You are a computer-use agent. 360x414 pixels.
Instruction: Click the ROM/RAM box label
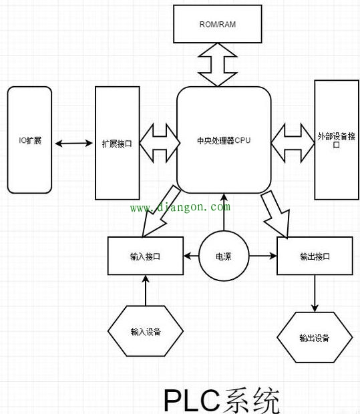(217, 24)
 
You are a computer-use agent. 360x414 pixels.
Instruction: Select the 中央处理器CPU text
(224, 140)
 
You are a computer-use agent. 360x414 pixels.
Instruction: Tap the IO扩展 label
(30, 140)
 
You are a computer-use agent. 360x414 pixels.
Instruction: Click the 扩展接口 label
(117, 144)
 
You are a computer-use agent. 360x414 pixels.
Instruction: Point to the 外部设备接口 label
(337, 140)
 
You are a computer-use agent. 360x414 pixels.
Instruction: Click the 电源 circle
(224, 256)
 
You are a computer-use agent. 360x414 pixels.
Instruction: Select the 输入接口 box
(146, 256)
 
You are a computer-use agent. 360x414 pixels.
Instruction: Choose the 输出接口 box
(315, 256)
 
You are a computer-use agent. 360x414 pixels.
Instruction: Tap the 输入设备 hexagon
(146, 331)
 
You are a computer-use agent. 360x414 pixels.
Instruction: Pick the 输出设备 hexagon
(315, 337)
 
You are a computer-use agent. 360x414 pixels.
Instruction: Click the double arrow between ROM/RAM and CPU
(217, 65)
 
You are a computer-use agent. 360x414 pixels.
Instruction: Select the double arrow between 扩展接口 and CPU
(160, 143)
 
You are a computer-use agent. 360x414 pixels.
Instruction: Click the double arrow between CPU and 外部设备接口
(293, 143)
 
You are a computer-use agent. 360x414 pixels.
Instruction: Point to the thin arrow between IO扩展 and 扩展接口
(73, 144)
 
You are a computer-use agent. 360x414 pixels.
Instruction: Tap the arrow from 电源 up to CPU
(224, 212)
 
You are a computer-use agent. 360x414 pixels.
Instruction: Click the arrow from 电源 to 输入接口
(191, 256)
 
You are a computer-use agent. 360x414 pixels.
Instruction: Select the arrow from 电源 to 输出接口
(262, 256)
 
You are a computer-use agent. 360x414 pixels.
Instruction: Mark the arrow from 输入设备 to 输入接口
(146, 290)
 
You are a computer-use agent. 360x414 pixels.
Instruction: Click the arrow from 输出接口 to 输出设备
(315, 293)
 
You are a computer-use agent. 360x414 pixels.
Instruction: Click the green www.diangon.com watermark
(180, 207)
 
